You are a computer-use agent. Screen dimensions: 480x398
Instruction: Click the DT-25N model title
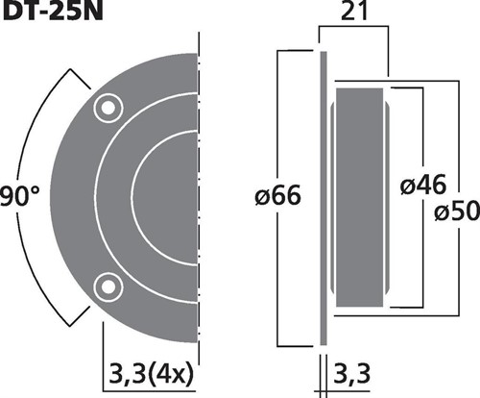click(53, 12)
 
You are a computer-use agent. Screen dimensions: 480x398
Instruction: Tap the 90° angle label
click(19, 195)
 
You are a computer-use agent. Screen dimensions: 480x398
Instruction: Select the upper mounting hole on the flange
click(108, 109)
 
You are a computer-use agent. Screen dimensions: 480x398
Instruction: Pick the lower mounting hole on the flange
click(108, 286)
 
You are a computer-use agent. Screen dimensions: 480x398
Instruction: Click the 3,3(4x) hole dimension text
click(152, 374)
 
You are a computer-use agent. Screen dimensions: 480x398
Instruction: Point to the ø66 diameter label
click(277, 195)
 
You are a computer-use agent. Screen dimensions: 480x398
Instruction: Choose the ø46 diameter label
click(423, 185)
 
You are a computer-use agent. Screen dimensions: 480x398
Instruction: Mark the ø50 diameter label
click(457, 211)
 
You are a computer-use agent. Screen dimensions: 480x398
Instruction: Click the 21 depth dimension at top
click(353, 12)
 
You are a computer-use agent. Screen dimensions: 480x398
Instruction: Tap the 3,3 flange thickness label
click(352, 374)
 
